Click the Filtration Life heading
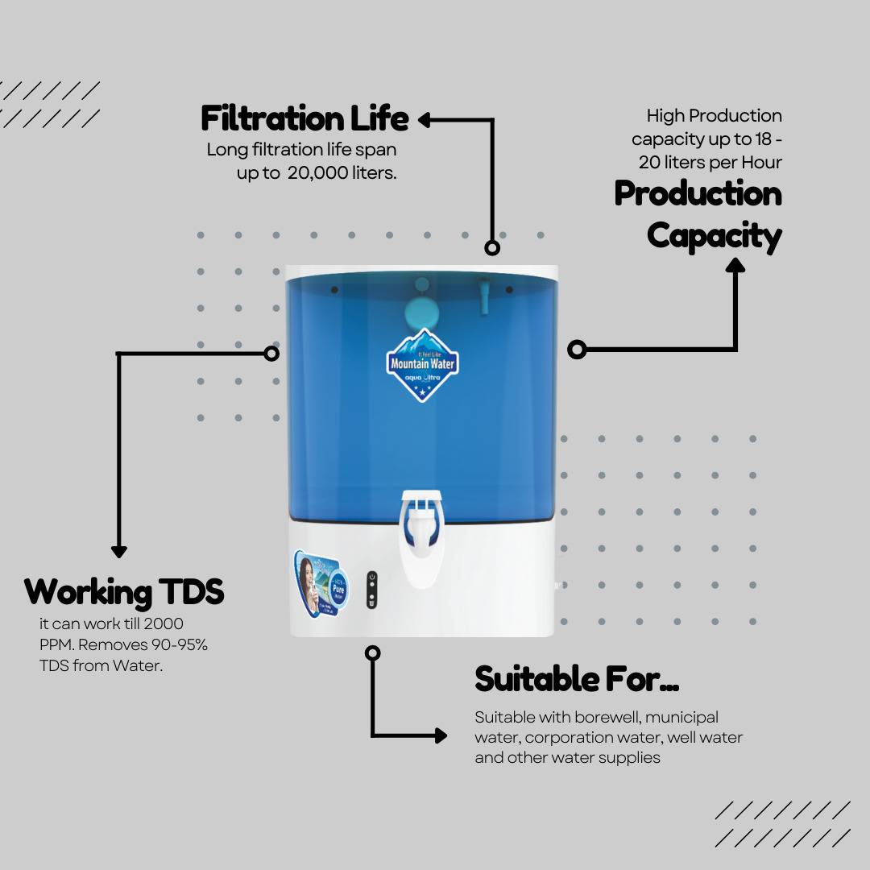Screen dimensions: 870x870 point(304,118)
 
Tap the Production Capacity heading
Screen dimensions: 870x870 point(698,215)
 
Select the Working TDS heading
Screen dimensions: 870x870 point(124,592)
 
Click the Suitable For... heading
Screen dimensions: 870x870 point(577,679)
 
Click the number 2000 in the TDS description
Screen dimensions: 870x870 point(164,623)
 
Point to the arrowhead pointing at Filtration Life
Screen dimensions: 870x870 point(425,120)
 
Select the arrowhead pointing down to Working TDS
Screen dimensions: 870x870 point(119,552)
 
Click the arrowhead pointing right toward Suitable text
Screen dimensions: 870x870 point(440,735)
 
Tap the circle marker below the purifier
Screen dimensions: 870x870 point(372,652)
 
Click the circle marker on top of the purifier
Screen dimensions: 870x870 point(492,248)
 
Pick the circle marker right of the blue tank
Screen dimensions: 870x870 point(577,349)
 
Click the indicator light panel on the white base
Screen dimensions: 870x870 point(371,590)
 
